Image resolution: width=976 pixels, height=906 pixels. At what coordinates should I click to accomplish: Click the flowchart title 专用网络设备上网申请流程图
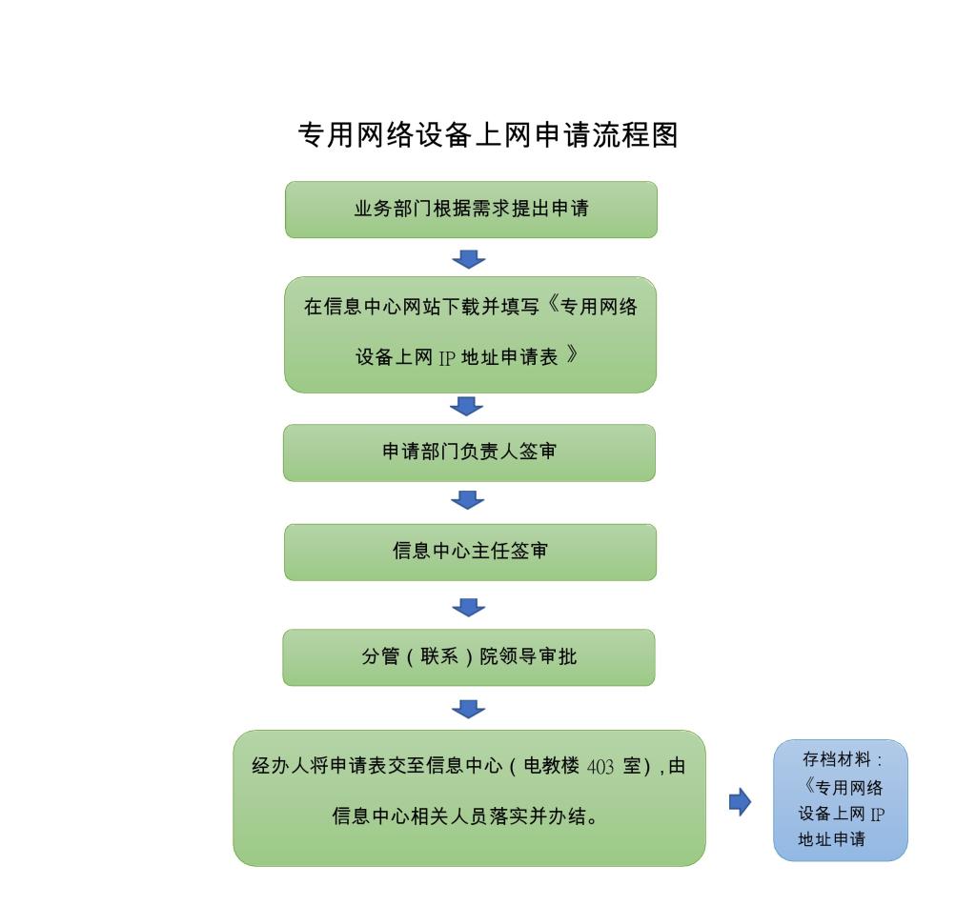click(488, 135)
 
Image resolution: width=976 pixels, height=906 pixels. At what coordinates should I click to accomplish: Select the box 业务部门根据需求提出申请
click(471, 210)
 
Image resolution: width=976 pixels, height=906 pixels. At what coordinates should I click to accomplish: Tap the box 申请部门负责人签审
click(469, 453)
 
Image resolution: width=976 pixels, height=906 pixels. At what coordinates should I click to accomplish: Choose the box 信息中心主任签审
click(470, 552)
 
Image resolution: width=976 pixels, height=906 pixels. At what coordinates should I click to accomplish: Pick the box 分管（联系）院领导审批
click(468, 657)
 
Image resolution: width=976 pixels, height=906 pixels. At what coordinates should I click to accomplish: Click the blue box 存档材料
click(840, 800)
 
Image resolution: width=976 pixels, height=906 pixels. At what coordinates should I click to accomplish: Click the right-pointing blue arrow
click(740, 802)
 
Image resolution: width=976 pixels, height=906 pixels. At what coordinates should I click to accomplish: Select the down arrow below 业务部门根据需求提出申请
click(468, 259)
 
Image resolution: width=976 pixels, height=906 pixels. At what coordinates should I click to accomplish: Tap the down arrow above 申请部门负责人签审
click(466, 407)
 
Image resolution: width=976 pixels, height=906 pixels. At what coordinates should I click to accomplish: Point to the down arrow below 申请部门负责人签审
click(467, 500)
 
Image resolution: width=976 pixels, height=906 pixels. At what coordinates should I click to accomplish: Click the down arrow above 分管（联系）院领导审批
click(468, 607)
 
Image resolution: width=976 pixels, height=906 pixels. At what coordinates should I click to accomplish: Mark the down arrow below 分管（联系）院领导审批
click(468, 709)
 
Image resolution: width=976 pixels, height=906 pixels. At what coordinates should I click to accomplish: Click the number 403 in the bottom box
click(600, 768)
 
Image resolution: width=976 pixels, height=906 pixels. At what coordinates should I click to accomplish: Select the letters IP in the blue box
click(877, 815)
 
